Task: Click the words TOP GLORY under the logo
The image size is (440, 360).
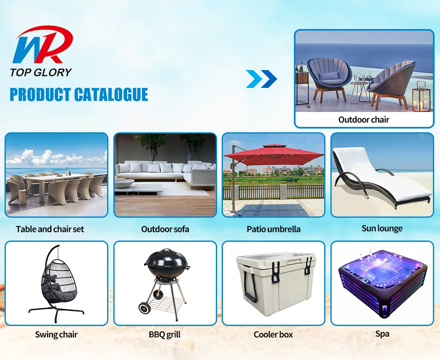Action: coord(41,72)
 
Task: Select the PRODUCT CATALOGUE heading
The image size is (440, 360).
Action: coord(79,95)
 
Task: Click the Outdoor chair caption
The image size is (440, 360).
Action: coord(364,120)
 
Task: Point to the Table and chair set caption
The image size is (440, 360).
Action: coord(50,229)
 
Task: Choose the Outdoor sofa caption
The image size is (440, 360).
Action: coord(165,229)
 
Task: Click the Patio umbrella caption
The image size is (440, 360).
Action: coord(274,229)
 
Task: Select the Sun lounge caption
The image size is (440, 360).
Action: coord(382,228)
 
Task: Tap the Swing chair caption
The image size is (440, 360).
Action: coord(56,335)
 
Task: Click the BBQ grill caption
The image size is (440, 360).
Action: coord(165,335)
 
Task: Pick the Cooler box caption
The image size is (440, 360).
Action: coord(273,335)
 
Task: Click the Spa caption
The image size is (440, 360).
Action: coord(382,333)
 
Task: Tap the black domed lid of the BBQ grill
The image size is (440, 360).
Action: coord(165,260)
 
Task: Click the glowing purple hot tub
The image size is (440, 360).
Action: coord(382,282)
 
